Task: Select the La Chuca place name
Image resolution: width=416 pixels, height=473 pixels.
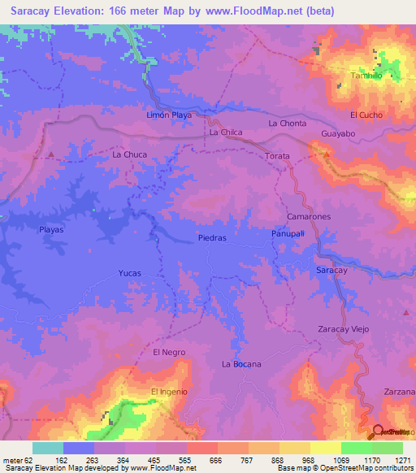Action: pyautogui.click(x=128, y=154)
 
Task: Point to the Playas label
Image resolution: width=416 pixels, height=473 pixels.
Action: pyautogui.click(x=51, y=230)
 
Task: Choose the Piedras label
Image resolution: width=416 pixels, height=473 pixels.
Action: pyautogui.click(x=213, y=238)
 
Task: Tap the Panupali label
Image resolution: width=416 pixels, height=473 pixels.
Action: pyautogui.click(x=288, y=233)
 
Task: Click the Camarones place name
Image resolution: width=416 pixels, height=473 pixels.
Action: pyautogui.click(x=309, y=218)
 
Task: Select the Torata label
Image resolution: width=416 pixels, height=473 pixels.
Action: pyautogui.click(x=277, y=154)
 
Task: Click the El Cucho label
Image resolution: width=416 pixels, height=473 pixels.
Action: pyautogui.click(x=366, y=115)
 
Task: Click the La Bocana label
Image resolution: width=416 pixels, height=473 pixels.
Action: pyautogui.click(x=241, y=364)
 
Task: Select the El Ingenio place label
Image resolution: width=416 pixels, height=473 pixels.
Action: pyautogui.click(x=170, y=392)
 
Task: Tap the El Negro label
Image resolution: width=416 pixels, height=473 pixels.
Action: pyautogui.click(x=169, y=352)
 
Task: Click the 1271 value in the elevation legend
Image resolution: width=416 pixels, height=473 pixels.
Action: pyautogui.click(x=402, y=461)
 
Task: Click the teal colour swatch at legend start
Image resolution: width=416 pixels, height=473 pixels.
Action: pyautogui.click(x=47, y=448)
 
